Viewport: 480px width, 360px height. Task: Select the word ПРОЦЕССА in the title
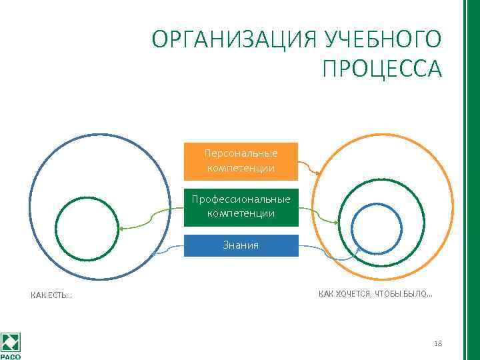pyautogui.click(x=381, y=69)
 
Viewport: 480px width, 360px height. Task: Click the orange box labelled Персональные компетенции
pyautogui.click(x=241, y=161)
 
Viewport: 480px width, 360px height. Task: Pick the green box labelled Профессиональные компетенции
pyautogui.click(x=241, y=207)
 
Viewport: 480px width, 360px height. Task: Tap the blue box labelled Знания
pyautogui.click(x=241, y=245)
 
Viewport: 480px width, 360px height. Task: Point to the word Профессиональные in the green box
pyautogui.click(x=241, y=199)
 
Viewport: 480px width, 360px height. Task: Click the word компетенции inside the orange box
pyautogui.click(x=241, y=168)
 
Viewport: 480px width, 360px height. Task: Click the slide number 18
pyautogui.click(x=437, y=343)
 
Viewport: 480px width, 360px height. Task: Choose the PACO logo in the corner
pyautogui.click(x=11, y=345)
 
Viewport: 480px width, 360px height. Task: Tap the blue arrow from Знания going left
pyautogui.click(x=167, y=249)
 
